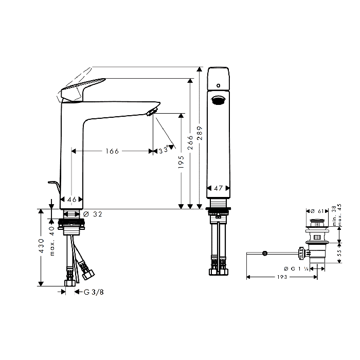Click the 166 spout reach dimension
point(112,151)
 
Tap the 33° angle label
point(164,150)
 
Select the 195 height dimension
point(182,162)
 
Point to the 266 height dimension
point(190,142)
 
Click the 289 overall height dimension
point(200,133)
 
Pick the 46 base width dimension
point(72,200)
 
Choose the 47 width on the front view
point(218,188)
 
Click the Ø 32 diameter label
point(93,214)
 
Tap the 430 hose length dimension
point(41,246)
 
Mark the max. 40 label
point(52,241)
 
